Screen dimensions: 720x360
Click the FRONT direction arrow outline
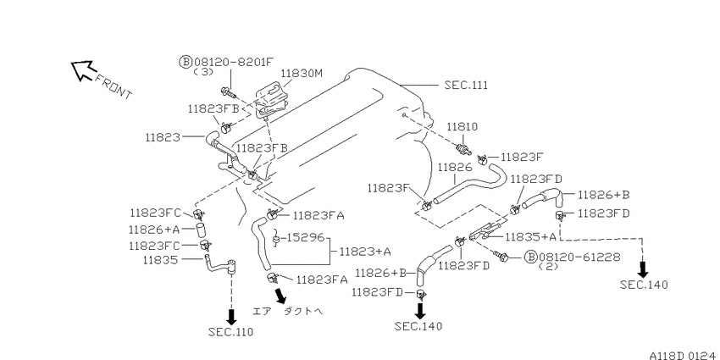coord(83,71)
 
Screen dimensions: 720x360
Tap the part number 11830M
coord(302,74)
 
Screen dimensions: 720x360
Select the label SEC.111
coord(466,85)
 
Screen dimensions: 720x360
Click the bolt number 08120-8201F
coord(234,62)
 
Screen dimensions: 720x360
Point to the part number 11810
coord(463,126)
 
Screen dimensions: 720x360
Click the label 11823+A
coord(366,252)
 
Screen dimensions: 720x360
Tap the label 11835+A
coord(531,237)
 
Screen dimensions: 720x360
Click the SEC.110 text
coord(230,332)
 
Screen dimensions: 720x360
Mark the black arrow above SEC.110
coord(231,316)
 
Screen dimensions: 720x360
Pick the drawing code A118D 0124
coord(684,356)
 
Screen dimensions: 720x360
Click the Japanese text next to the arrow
coord(288,312)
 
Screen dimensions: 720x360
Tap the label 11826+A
coord(153,230)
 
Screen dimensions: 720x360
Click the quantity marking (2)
coord(547,266)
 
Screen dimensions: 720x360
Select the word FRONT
coord(113,86)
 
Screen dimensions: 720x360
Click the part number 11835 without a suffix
coord(160,260)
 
